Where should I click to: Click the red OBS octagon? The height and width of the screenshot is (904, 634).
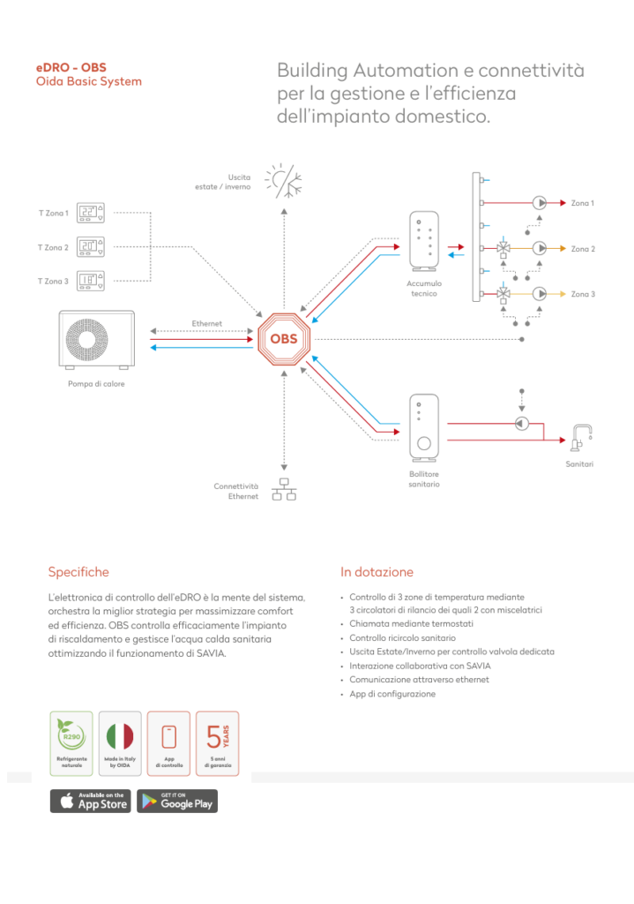coord(284,339)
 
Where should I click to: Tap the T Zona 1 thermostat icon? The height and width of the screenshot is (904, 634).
coord(91,213)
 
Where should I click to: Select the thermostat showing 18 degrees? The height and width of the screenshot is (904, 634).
coord(91,281)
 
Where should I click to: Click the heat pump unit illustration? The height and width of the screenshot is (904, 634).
coord(97,340)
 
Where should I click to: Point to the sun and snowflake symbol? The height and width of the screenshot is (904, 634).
coord(283,181)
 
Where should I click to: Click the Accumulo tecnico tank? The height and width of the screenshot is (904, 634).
coord(424,240)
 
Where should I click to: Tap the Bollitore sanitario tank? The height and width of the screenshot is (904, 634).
coord(424,428)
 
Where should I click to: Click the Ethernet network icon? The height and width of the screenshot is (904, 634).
coord(284,489)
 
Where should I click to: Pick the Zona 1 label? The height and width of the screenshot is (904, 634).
coord(582,203)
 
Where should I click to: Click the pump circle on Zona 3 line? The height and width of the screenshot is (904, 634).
coord(539,294)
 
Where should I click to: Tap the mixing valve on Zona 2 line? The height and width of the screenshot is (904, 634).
coord(503,248)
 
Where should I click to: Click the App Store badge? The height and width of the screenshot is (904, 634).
coord(91,801)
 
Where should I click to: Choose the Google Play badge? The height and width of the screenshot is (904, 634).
coord(177,801)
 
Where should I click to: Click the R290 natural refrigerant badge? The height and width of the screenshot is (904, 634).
coord(71,743)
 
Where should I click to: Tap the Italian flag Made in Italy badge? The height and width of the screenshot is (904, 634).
coord(120,743)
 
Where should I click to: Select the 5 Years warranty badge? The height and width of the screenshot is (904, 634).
coord(218,743)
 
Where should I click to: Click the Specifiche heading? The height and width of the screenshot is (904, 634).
coord(78,572)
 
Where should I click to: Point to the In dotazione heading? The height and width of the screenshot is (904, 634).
coord(377,572)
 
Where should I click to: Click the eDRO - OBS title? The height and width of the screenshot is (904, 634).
coord(71,67)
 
